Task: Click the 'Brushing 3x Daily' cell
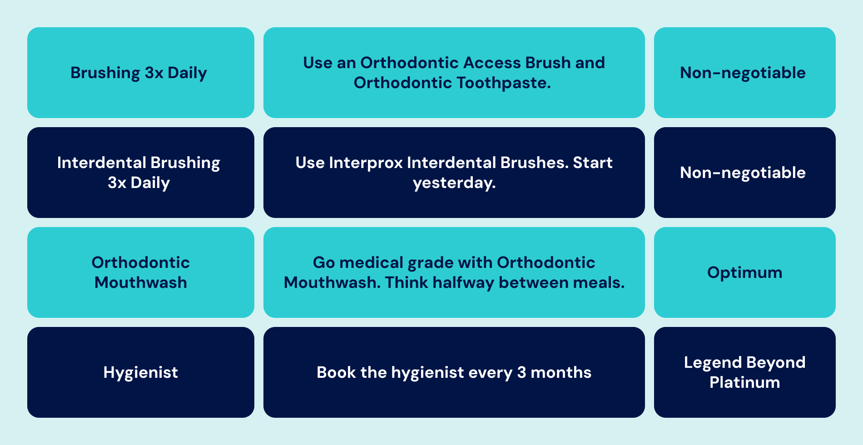point(141,73)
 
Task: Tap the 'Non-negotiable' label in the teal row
point(743,73)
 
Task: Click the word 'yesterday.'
point(454,183)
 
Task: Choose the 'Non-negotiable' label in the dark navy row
point(743,173)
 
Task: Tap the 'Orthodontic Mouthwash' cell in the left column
point(141,272)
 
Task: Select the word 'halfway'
point(463,283)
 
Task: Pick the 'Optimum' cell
point(745,272)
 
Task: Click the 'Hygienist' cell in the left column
point(141,372)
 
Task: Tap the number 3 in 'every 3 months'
point(521,372)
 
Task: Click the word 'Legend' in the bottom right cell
point(713,363)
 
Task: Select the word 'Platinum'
point(745,382)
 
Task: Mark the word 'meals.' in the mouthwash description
point(599,282)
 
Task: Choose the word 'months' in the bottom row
point(561,372)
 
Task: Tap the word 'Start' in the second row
point(593,163)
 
